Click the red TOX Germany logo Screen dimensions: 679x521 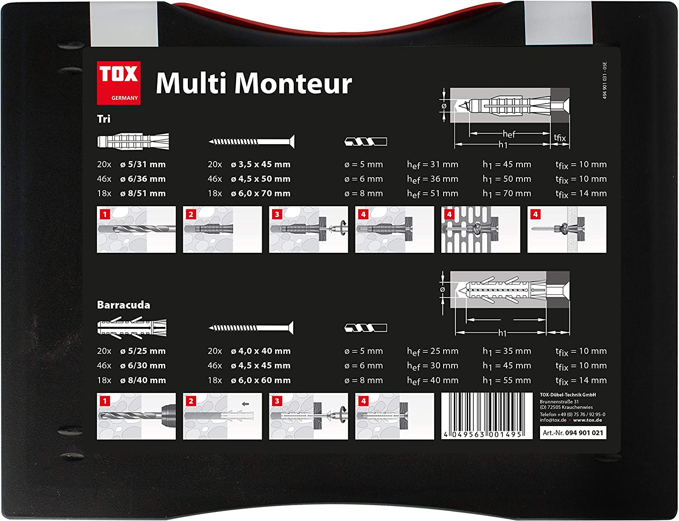click(x=119, y=83)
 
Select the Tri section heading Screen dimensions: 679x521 click(x=103, y=119)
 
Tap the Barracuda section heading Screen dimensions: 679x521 click(x=124, y=305)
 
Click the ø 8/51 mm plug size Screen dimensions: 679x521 click(x=143, y=194)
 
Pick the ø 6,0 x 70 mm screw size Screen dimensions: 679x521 click(x=261, y=194)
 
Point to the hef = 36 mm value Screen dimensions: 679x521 click(x=432, y=180)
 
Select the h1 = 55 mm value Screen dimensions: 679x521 click(x=507, y=380)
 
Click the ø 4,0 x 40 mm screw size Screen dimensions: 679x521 click(x=261, y=351)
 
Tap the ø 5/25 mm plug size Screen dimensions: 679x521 click(x=143, y=351)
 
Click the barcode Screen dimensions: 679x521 click(x=487, y=416)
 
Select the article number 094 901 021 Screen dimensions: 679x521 click(x=584, y=433)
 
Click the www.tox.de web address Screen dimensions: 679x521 click(x=588, y=420)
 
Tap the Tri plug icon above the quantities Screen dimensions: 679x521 click(x=133, y=142)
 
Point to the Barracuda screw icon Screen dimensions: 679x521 click(x=251, y=328)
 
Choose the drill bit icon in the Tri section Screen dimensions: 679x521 click(x=366, y=142)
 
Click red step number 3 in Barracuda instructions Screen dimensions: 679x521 click(x=277, y=401)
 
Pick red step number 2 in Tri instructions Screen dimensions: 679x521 click(x=191, y=214)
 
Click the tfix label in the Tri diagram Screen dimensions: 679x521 click(x=559, y=138)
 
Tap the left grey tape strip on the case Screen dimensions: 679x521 click(x=124, y=24)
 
